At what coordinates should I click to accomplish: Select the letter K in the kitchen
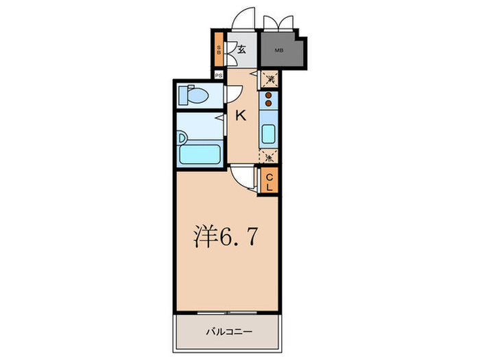[x=241, y=116]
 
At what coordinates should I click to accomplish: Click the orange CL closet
[x=269, y=180]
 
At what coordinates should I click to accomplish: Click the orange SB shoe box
[x=218, y=49]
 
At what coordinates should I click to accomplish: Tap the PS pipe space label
[x=218, y=76]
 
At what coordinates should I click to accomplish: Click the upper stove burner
[x=269, y=95]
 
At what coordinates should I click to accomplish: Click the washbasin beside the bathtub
[x=181, y=138]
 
